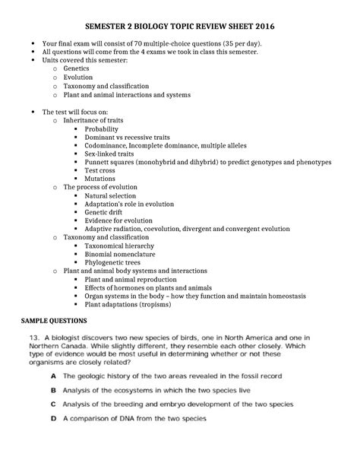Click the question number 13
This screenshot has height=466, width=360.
pos(35,338)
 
